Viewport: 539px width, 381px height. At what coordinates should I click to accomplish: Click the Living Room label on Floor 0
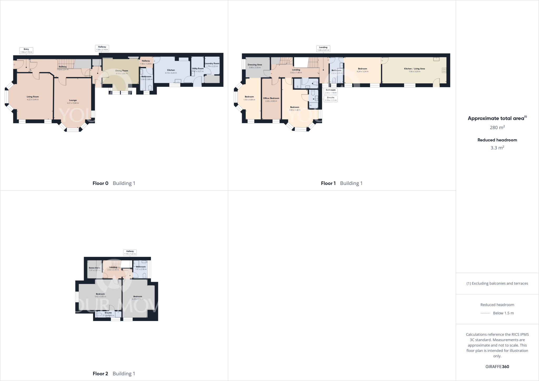click(33, 97)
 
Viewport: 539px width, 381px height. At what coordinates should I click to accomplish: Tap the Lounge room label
click(73, 100)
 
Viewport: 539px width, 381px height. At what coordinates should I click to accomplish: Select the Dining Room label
click(122, 71)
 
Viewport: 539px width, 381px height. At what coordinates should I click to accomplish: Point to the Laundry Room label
click(212, 63)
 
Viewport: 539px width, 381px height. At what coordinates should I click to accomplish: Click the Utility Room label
click(198, 68)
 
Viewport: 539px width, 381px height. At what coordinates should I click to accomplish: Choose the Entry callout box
click(26, 51)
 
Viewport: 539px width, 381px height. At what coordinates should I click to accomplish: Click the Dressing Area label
click(255, 65)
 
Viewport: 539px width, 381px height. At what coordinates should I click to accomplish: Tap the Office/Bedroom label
click(271, 98)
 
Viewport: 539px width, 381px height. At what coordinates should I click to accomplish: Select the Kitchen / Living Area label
click(415, 69)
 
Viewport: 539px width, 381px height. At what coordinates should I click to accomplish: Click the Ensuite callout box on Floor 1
click(331, 99)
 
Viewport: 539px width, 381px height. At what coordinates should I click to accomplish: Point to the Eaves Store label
click(94, 268)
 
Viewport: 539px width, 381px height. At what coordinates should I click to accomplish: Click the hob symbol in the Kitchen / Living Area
click(444, 70)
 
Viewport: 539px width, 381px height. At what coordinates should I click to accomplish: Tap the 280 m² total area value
click(497, 128)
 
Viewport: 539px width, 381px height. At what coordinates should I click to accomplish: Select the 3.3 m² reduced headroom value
click(497, 148)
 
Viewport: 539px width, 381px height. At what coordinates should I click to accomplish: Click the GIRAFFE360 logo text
click(497, 367)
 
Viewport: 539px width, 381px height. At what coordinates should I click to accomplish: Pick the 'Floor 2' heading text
click(100, 374)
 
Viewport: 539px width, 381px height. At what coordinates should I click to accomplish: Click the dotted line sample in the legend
click(485, 313)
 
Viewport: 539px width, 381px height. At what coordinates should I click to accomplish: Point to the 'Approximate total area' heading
click(496, 118)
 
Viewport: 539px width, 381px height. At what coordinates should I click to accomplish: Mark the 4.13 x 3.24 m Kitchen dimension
click(171, 73)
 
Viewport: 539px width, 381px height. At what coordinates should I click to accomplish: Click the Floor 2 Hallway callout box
click(130, 253)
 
